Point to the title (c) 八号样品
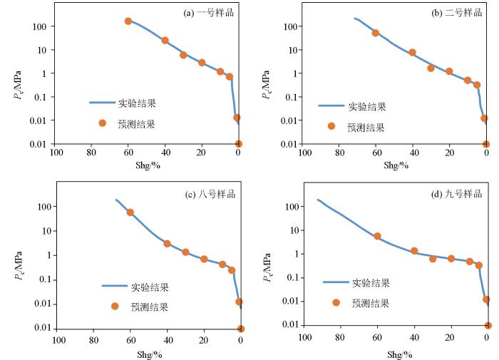(x=209, y=194)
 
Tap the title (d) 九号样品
(x=458, y=194)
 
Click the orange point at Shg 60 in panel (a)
(x=128, y=21)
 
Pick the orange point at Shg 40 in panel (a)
(x=165, y=41)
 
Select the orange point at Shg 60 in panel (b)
(x=376, y=33)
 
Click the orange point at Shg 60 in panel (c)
(x=130, y=212)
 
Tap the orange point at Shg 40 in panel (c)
(x=168, y=244)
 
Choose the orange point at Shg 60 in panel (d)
(x=377, y=236)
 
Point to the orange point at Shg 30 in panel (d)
(x=433, y=259)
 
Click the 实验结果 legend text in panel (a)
(x=136, y=103)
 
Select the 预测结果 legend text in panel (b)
(x=366, y=128)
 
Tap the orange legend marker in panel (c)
(x=115, y=307)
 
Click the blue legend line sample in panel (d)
(x=336, y=282)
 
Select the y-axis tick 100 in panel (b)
(x=288, y=27)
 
